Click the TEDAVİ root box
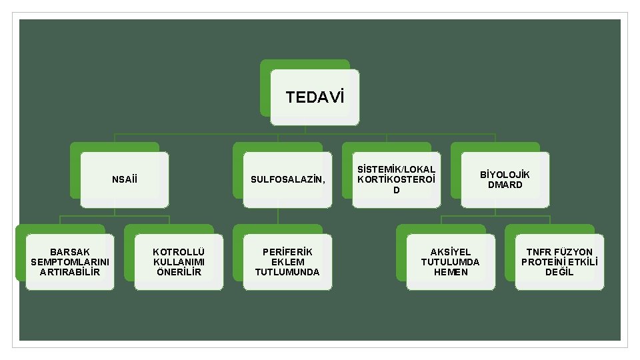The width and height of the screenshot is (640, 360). tap(315, 97)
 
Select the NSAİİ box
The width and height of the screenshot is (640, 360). tap(125, 179)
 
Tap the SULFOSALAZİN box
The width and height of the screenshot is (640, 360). tap(287, 179)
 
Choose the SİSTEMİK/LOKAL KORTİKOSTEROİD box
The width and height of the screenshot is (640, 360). tap(396, 179)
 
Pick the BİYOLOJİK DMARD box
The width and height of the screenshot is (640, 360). tap(505, 179)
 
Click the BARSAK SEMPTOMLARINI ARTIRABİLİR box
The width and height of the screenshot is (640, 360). tap(70, 262)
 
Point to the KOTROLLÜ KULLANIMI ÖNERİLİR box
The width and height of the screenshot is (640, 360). tap(179, 262)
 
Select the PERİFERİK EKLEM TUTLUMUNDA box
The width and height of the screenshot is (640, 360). tap(287, 262)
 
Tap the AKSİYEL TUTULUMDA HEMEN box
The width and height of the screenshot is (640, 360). tap(450, 262)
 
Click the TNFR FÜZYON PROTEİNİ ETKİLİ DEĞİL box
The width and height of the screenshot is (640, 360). tap(559, 262)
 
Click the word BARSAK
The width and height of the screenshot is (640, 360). tap(70, 252)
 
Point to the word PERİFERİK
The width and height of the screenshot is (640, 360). tap(287, 252)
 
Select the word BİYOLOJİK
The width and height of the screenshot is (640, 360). tap(505, 175)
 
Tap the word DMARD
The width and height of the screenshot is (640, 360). tap(505, 185)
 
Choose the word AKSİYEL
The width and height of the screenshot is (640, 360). tap(450, 252)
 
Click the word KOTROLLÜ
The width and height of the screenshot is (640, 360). tap(179, 252)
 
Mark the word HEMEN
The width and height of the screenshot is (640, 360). tap(450, 272)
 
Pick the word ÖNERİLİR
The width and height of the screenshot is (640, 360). tap(179, 272)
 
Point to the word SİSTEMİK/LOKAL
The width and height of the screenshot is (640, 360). tap(396, 169)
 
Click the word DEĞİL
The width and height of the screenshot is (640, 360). tap(559, 272)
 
